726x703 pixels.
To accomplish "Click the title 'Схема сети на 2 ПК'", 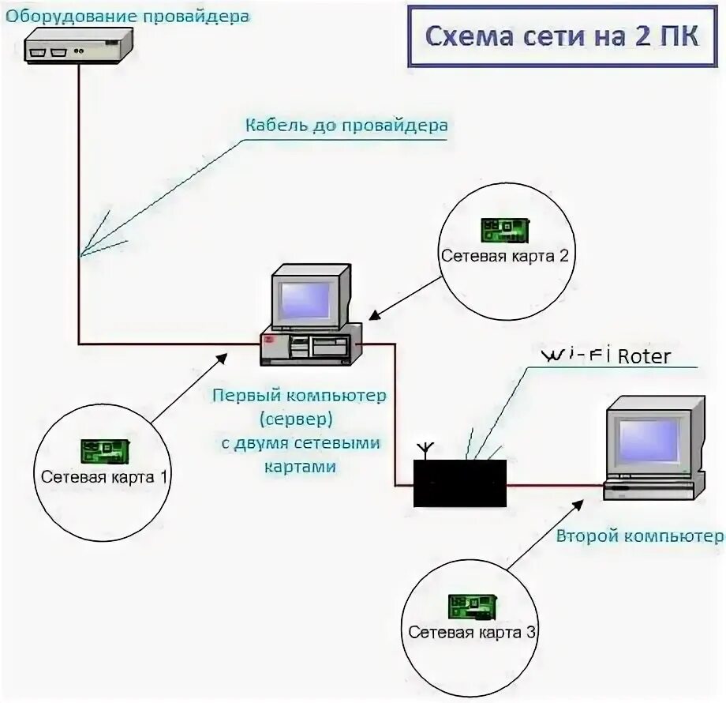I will click(561, 37).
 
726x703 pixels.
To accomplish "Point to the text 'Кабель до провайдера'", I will click(346, 126).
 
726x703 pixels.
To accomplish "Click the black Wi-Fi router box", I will click(460, 482).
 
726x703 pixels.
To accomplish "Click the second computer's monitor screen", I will click(647, 439).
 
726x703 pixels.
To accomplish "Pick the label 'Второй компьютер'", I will click(639, 536).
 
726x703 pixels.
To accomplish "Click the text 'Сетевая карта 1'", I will click(104, 476).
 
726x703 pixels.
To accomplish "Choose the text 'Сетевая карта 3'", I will click(472, 633).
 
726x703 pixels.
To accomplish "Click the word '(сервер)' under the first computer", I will click(299, 419).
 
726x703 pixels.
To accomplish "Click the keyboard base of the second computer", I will click(652, 490).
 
